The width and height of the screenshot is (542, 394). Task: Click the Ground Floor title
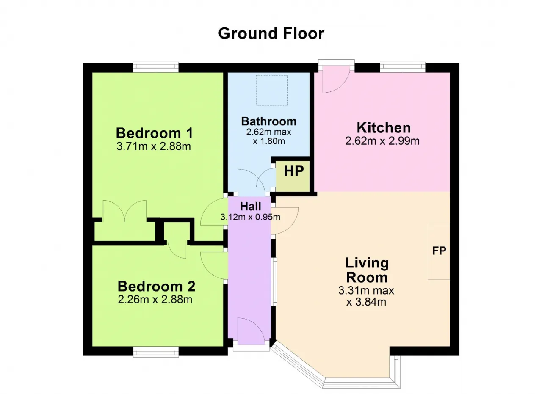click(271, 33)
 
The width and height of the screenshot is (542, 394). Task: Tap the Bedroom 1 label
click(155, 133)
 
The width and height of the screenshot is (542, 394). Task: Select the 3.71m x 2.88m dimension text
click(154, 146)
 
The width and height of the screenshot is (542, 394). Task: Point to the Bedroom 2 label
click(156, 287)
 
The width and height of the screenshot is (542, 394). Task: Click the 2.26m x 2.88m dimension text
click(155, 300)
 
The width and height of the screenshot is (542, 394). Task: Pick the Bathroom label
click(269, 121)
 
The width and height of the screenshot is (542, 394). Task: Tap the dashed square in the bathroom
click(271, 90)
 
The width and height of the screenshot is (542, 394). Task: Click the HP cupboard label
click(294, 171)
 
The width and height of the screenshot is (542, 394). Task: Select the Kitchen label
click(384, 128)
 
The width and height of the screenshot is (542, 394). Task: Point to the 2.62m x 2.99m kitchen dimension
click(382, 141)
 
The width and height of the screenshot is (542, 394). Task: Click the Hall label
click(250, 207)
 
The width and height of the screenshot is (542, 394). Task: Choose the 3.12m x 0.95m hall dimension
click(250, 217)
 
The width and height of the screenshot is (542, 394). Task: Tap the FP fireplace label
click(439, 251)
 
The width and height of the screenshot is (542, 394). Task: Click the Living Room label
click(367, 270)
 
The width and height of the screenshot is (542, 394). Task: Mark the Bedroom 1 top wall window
click(156, 67)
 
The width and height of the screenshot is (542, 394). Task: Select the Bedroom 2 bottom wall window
click(156, 352)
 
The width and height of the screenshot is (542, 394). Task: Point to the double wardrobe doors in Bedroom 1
click(124, 210)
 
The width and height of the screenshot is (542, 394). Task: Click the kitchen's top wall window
click(403, 67)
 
